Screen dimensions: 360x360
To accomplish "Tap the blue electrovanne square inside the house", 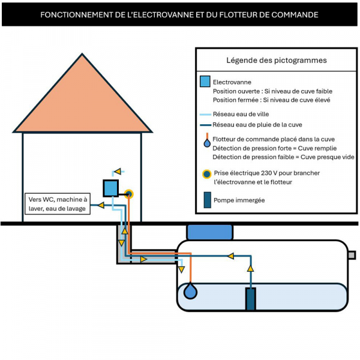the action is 110,188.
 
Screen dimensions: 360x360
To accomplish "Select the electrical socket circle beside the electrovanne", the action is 129,194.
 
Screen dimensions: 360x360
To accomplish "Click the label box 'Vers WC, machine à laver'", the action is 58,204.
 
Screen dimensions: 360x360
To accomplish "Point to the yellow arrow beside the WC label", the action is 101,205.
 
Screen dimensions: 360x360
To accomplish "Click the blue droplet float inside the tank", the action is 190,291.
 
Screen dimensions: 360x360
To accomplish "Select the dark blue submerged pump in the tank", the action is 250,299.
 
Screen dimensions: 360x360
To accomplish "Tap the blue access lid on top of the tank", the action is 210,232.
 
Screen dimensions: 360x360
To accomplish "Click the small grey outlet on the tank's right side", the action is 352,255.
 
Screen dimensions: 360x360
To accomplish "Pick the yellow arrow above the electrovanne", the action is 118,171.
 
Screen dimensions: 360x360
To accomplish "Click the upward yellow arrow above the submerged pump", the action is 250,268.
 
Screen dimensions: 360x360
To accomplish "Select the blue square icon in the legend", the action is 205,81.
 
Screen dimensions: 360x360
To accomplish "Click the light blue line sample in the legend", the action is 205,115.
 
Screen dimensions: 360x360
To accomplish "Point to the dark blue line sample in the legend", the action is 205,125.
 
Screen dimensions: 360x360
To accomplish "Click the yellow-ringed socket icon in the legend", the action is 206,174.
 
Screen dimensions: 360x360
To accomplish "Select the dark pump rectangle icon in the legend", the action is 208,200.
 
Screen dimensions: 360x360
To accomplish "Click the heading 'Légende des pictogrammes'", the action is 277,61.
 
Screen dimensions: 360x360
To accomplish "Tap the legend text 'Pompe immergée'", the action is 239,200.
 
